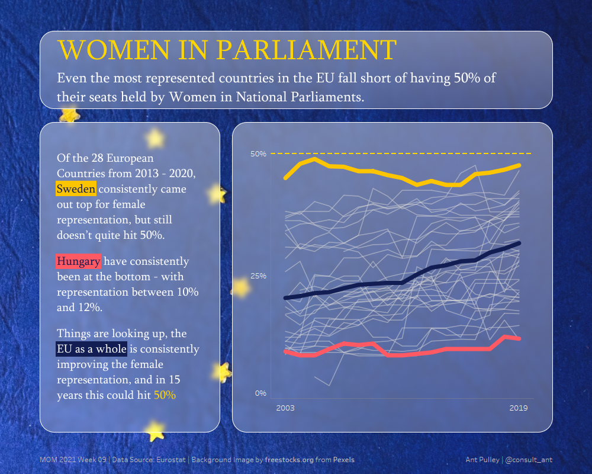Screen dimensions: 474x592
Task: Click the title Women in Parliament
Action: coord(227,50)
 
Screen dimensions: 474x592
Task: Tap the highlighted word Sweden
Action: coord(76,189)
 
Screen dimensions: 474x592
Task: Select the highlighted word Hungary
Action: coord(79,261)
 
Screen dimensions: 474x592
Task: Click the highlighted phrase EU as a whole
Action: coord(91,349)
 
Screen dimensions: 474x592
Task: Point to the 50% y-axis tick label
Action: coord(259,154)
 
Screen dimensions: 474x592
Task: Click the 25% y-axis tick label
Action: coord(259,276)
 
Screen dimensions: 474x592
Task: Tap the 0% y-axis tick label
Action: coord(260,393)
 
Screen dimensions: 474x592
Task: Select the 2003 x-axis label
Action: coord(285,408)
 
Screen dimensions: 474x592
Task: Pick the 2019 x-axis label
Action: coord(519,408)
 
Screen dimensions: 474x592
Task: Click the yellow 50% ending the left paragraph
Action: coord(165,395)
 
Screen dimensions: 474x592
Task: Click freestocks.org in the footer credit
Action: coord(291,460)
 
